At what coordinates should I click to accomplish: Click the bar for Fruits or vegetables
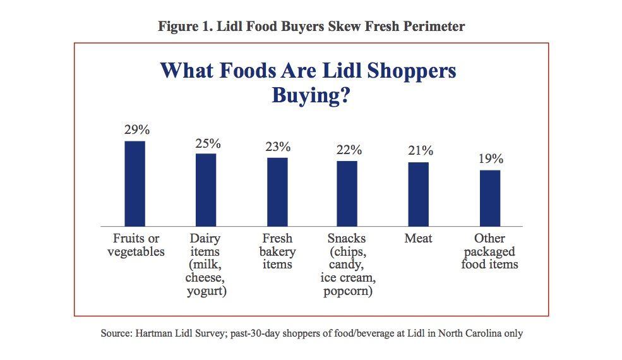(135, 183)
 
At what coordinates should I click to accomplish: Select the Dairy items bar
(206, 189)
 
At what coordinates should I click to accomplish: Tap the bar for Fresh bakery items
(277, 191)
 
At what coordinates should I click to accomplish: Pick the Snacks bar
(347, 193)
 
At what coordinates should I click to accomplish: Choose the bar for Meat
(418, 194)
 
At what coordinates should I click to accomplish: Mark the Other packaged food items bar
(490, 198)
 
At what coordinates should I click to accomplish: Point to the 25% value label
(208, 143)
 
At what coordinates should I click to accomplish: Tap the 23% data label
(278, 147)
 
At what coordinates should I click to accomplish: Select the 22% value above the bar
(349, 150)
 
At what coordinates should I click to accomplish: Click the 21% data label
(420, 151)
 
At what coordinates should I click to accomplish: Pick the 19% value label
(491, 159)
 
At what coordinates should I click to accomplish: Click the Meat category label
(418, 239)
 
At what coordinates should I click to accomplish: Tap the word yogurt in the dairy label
(206, 291)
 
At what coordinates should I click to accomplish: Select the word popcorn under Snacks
(348, 291)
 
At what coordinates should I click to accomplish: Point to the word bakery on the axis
(278, 251)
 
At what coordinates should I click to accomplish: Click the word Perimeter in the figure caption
(436, 27)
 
